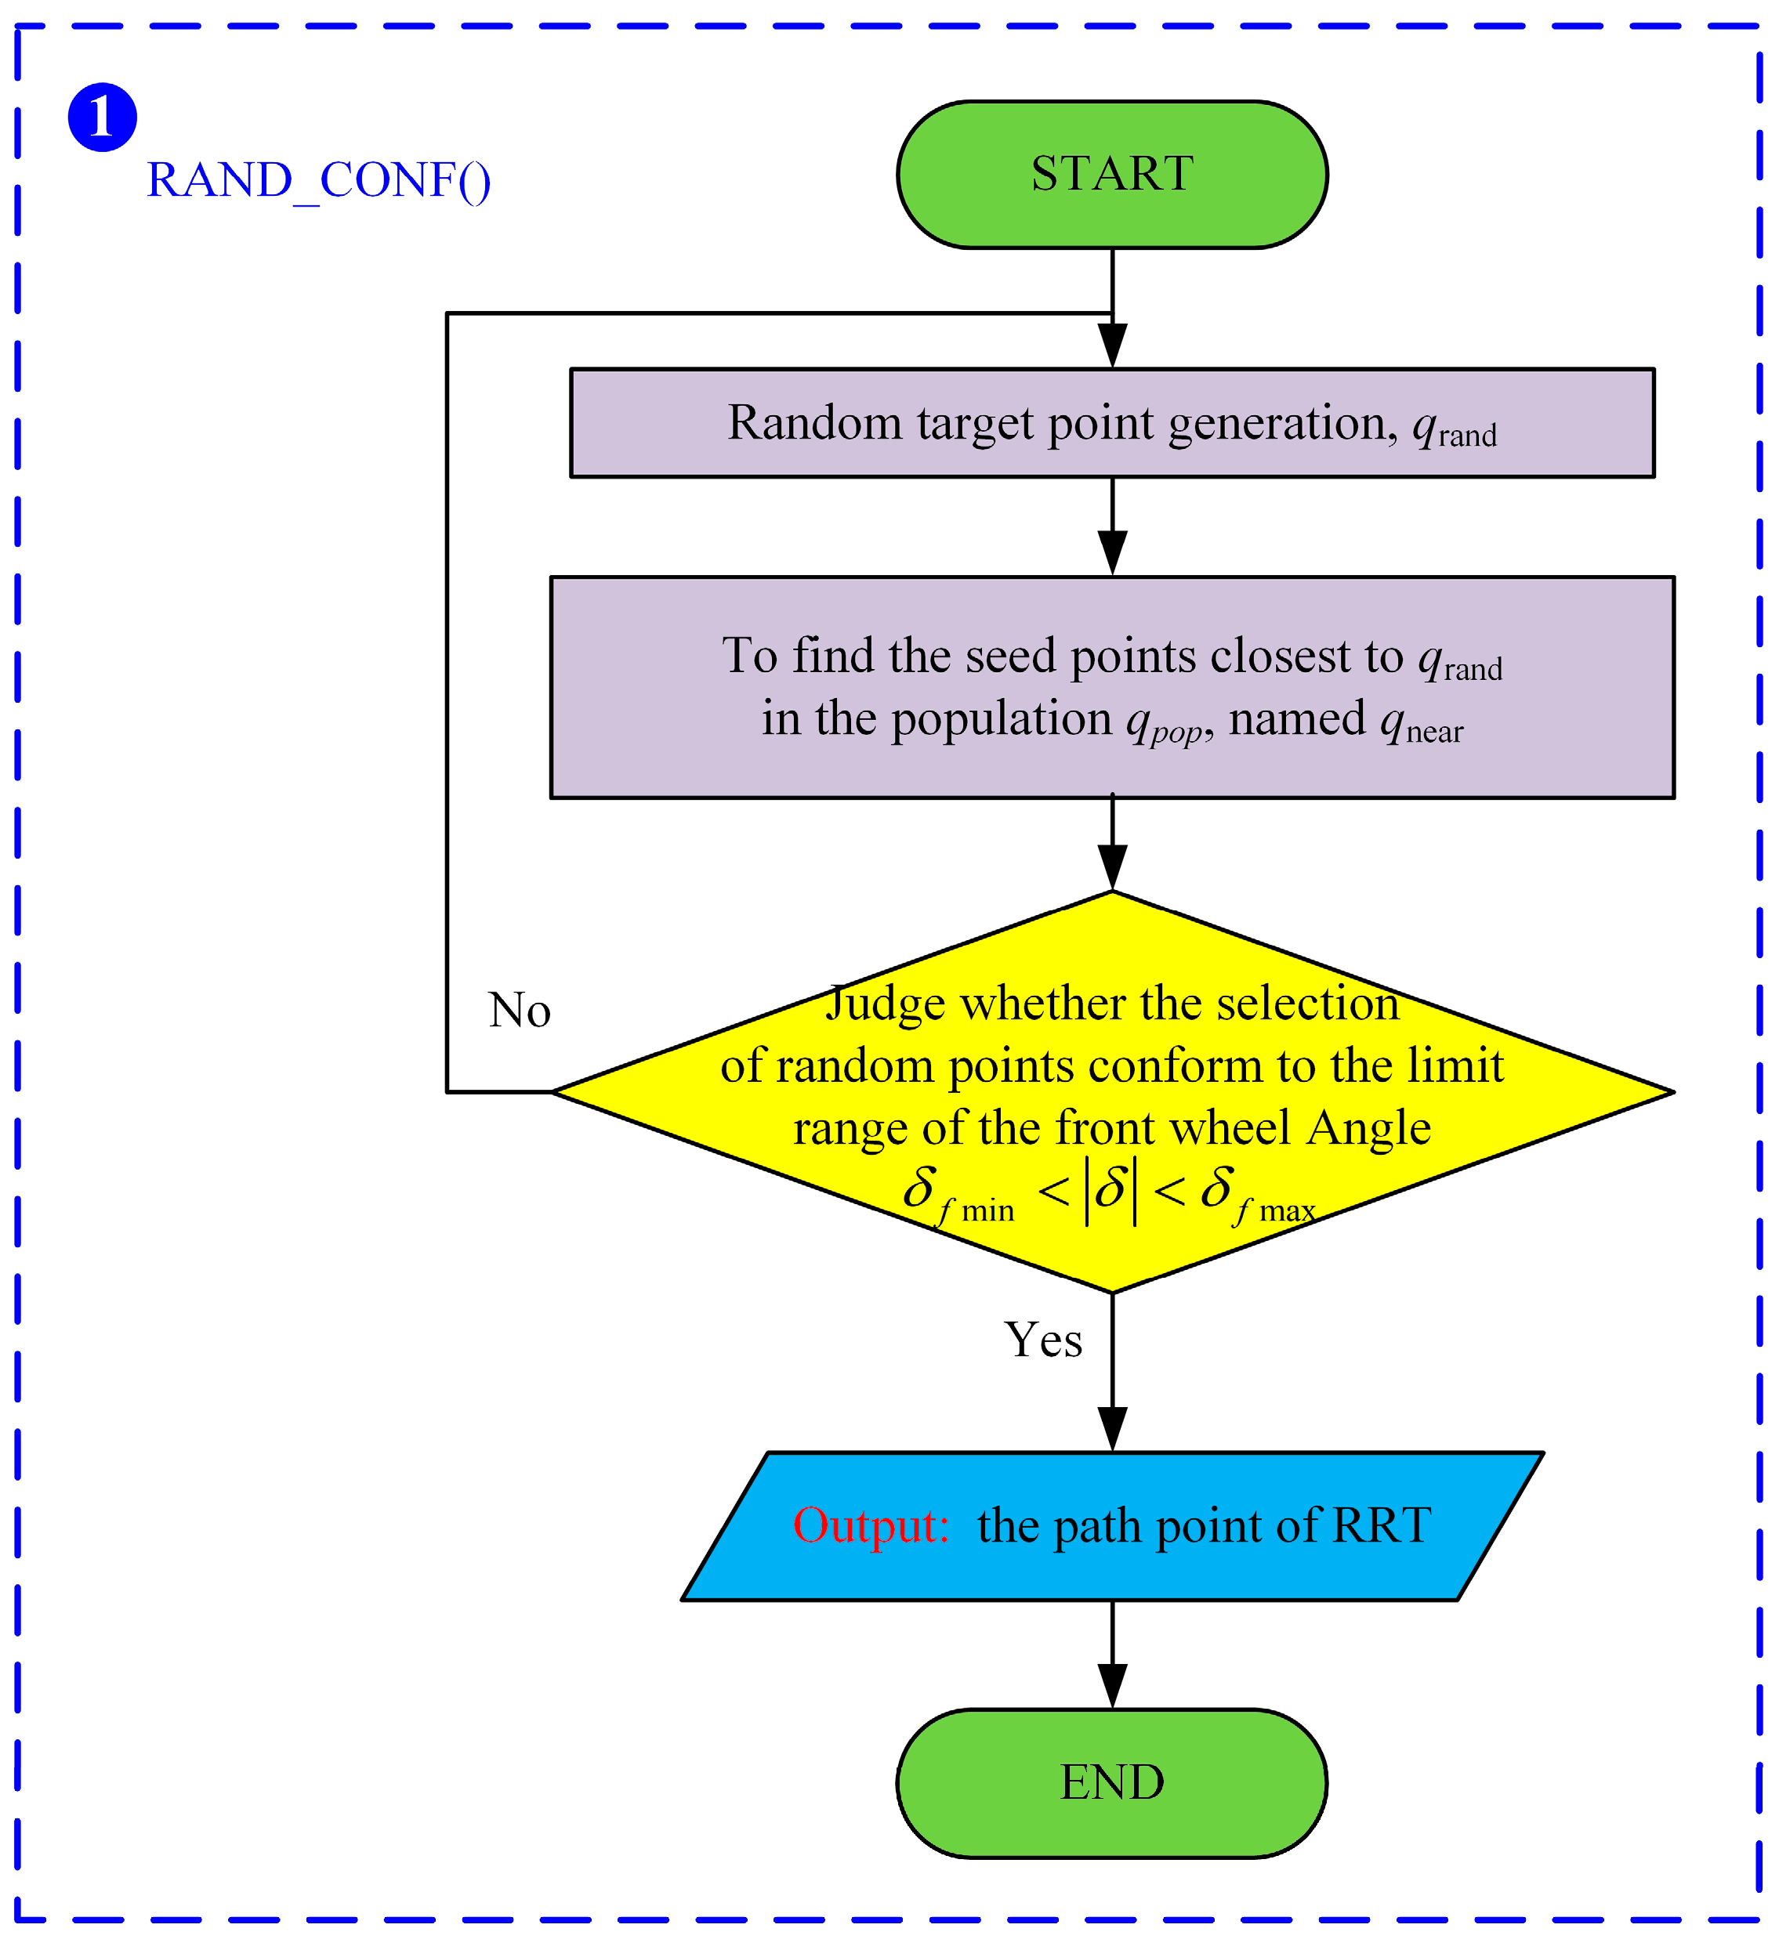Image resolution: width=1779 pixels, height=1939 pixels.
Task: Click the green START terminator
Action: tap(1112, 174)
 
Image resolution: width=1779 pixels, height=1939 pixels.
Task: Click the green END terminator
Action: tap(1112, 1782)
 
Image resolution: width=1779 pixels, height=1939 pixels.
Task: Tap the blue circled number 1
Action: tap(102, 118)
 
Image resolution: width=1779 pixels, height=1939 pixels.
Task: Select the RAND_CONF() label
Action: tap(319, 180)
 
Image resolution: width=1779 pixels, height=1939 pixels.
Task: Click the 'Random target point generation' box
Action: tap(1112, 422)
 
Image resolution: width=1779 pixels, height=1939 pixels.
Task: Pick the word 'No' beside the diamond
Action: tap(519, 1011)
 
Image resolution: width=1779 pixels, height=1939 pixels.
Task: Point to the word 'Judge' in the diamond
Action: tap(886, 1004)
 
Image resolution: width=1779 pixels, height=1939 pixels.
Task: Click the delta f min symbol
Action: tap(956, 1193)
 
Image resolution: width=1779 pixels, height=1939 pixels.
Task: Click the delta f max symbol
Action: tap(1255, 1193)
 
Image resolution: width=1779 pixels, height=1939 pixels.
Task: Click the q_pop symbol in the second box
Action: tap(1164, 722)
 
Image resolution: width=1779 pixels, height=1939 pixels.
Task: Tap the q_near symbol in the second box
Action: tap(1421, 722)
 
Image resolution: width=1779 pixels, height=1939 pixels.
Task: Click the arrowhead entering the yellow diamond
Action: tap(1112, 868)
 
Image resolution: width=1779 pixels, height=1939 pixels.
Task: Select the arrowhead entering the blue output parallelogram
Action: tap(1112, 1428)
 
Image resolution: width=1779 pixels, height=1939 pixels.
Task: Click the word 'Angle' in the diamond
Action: tap(1368, 1128)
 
